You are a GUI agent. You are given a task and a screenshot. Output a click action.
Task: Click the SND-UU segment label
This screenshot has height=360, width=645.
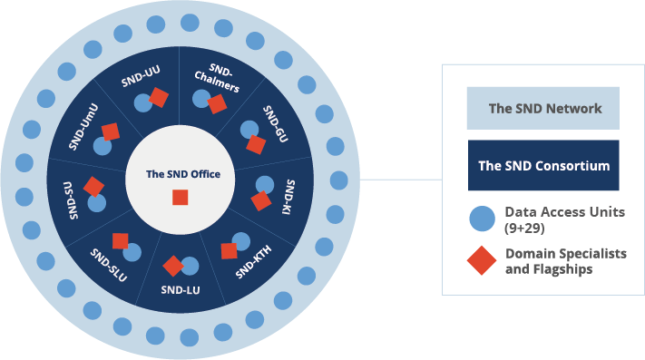141,76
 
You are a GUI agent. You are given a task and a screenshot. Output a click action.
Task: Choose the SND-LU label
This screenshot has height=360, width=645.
180,290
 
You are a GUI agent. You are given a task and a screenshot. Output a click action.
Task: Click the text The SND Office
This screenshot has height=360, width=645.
183,173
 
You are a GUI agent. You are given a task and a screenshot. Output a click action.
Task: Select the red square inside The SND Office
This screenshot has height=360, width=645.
181,198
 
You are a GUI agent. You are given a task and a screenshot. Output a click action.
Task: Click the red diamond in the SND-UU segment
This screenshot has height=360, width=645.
159,97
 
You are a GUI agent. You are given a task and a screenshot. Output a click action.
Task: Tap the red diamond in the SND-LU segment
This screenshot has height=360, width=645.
172,266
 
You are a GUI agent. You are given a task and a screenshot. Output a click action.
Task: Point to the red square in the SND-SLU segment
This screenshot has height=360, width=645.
120,241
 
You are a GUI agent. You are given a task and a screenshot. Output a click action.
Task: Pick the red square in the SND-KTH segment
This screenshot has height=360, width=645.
229,250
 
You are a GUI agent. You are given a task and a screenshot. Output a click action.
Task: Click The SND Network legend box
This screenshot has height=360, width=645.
542,109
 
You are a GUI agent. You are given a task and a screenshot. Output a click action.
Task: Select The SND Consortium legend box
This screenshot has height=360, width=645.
542,166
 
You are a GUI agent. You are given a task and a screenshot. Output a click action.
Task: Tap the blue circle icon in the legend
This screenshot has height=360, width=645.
482,219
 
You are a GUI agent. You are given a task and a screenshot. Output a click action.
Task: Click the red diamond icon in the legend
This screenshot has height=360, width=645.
482,261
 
